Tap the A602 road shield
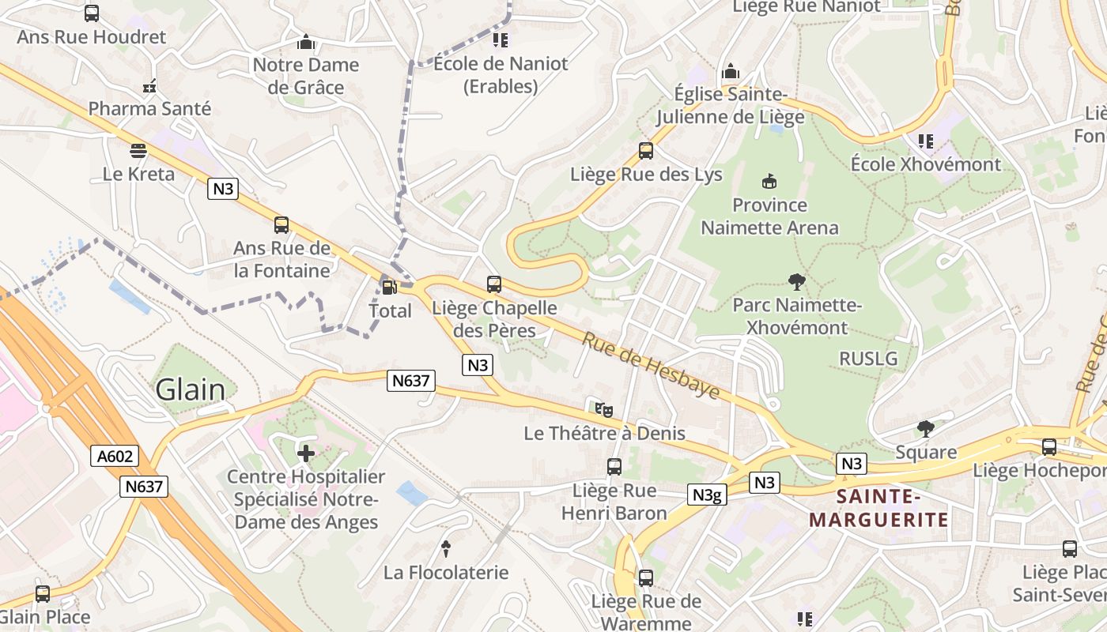click(x=115, y=456)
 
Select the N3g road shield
click(x=707, y=495)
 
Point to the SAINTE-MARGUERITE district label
click(x=879, y=508)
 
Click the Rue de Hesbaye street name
click(x=651, y=365)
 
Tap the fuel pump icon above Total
click(x=388, y=288)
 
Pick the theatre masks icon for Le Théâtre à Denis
click(x=604, y=409)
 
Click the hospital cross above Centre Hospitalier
click(x=305, y=453)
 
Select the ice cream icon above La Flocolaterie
click(x=446, y=548)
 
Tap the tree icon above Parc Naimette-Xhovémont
click(x=797, y=280)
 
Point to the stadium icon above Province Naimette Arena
click(x=769, y=182)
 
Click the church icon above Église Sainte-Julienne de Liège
click(x=731, y=70)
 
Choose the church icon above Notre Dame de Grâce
click(x=306, y=42)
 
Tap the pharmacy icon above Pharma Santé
click(x=149, y=85)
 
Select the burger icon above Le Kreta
click(x=138, y=150)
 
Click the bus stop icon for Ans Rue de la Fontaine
click(x=281, y=224)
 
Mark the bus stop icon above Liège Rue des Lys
click(x=646, y=150)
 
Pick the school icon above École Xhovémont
click(x=925, y=141)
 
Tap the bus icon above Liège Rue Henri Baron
click(x=614, y=466)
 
